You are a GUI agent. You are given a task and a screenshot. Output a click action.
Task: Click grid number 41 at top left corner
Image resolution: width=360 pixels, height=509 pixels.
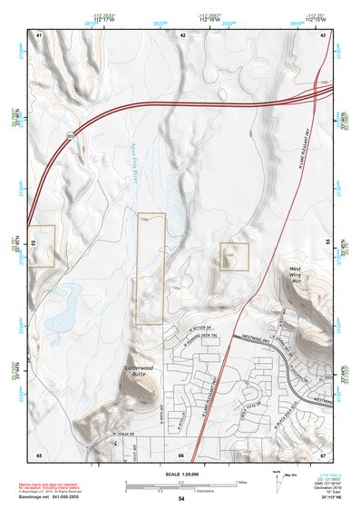pos(39,34)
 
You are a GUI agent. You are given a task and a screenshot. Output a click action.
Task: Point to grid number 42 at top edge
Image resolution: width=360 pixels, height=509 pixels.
pos(182,34)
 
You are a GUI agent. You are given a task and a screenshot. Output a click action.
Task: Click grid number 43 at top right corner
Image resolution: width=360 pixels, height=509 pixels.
pos(323,34)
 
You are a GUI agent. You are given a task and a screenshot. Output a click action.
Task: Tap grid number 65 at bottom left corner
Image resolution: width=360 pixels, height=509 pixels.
pos(39,454)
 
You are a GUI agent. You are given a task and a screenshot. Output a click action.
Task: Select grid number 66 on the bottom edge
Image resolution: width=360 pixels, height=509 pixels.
pos(181,454)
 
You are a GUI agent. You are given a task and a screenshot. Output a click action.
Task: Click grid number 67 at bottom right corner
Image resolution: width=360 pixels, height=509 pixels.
pos(323,454)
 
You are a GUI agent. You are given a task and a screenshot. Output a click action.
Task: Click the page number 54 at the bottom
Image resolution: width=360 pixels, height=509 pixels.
pos(180,499)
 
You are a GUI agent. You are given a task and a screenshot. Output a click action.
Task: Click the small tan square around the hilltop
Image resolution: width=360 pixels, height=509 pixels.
pos(234,257)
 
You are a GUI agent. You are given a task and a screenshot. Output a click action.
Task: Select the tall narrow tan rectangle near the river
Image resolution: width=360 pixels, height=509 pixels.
pos(151,269)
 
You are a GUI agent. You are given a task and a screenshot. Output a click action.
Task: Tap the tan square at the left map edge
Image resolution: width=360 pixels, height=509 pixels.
pos(42,246)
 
